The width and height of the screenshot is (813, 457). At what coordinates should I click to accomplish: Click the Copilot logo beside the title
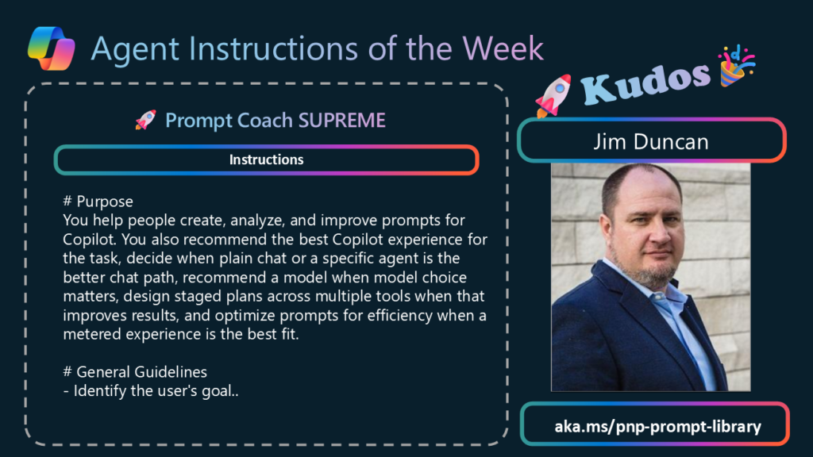52,48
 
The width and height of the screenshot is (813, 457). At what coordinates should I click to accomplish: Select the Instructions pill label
267,159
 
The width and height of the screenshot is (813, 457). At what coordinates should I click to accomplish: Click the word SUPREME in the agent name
341,121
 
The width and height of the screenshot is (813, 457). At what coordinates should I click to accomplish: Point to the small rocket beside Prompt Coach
145,120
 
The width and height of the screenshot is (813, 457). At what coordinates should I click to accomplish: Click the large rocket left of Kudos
553,95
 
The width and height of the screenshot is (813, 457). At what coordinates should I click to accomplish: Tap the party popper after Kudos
736,66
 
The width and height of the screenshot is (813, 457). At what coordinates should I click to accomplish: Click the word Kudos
646,83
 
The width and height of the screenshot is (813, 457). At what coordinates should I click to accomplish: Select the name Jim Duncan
651,141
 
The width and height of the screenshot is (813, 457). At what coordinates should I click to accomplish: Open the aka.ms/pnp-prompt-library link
658,426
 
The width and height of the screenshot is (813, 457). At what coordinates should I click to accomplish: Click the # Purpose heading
98,201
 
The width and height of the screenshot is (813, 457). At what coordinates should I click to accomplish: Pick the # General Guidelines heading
135,371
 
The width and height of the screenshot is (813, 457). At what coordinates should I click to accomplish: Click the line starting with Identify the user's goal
151,390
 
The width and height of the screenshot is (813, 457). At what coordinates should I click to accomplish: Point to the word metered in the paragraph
92,334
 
